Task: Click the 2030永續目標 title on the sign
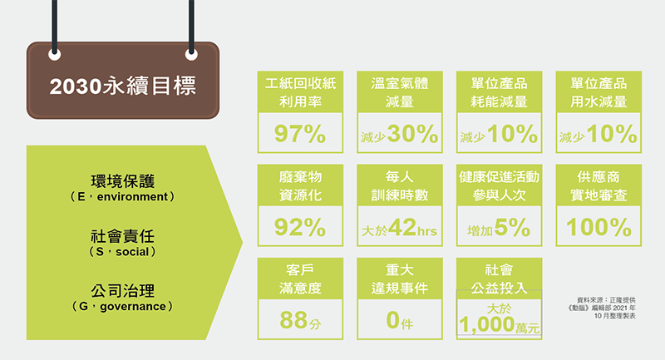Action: (x=122, y=86)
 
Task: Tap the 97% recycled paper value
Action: (x=300, y=134)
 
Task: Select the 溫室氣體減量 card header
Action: (x=400, y=92)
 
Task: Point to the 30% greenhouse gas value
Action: (x=412, y=134)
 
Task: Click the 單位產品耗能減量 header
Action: (x=500, y=92)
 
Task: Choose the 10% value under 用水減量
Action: (x=612, y=134)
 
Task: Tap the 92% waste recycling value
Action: (x=300, y=227)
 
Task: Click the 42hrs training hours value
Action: (x=412, y=227)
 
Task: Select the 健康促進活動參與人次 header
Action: (x=500, y=185)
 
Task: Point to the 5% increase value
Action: (x=512, y=227)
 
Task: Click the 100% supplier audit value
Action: (x=598, y=227)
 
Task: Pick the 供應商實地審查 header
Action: (x=598, y=185)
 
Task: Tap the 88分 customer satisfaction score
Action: (x=300, y=320)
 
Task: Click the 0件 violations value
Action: (x=400, y=320)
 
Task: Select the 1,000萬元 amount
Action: (x=500, y=325)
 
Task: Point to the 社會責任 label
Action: (x=122, y=236)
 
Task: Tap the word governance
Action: (x=133, y=306)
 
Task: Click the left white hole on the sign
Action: (x=55, y=55)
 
